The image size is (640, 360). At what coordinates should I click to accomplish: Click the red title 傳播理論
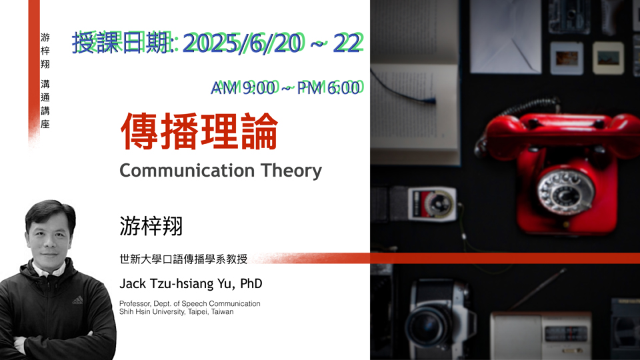[x=199, y=131]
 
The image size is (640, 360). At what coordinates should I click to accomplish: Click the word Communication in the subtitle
[x=187, y=171]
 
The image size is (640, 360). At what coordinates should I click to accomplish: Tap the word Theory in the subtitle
[x=291, y=171]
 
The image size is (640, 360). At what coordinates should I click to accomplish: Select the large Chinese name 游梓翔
[x=151, y=226]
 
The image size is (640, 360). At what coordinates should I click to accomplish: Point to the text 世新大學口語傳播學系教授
[x=183, y=259]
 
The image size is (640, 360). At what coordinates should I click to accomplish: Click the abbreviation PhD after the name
[x=251, y=284]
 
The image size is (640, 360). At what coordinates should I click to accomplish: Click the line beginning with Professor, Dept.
[x=190, y=304]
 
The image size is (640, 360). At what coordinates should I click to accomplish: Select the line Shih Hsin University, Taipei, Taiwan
[x=176, y=312]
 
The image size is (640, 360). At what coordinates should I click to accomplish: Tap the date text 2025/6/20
[x=243, y=43]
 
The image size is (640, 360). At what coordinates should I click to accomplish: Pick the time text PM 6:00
[x=329, y=88]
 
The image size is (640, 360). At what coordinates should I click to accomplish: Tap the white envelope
[x=505, y=37]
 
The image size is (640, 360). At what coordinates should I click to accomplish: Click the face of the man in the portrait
[x=50, y=237]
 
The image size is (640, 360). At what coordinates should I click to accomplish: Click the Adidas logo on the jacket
[x=77, y=301]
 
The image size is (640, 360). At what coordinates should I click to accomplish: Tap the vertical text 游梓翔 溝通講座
[x=45, y=81]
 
